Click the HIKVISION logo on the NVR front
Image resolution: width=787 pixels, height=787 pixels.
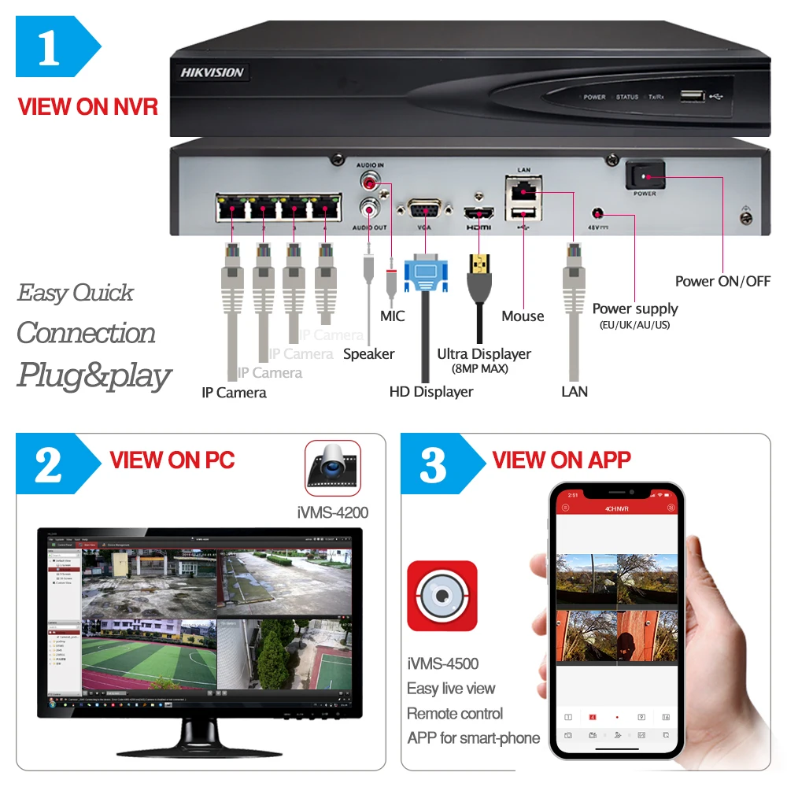click(212, 72)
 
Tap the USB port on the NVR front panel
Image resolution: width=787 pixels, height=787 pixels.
click(693, 96)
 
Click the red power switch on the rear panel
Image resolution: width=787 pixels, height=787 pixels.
click(645, 176)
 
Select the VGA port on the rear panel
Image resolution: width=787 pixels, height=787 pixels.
click(424, 212)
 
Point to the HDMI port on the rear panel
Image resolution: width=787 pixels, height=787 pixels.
click(478, 212)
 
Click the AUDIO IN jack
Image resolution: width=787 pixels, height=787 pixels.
click(369, 182)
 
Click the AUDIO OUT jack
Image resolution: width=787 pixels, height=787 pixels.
click(369, 209)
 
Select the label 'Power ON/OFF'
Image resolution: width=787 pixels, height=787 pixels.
click(722, 281)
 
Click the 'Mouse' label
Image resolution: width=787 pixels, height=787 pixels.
click(523, 316)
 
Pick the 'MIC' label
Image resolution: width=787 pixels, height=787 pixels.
click(392, 316)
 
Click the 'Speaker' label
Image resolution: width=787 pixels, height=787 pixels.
click(368, 354)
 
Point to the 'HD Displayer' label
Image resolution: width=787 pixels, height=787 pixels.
click(431, 391)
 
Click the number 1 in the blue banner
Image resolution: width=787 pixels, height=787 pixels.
click(49, 49)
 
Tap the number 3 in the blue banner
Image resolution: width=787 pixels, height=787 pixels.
click(433, 466)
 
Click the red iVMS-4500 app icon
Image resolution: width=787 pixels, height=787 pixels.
click(442, 596)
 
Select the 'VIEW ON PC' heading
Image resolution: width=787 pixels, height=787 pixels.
click(172, 460)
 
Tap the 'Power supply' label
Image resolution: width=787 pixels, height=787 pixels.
click(634, 309)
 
